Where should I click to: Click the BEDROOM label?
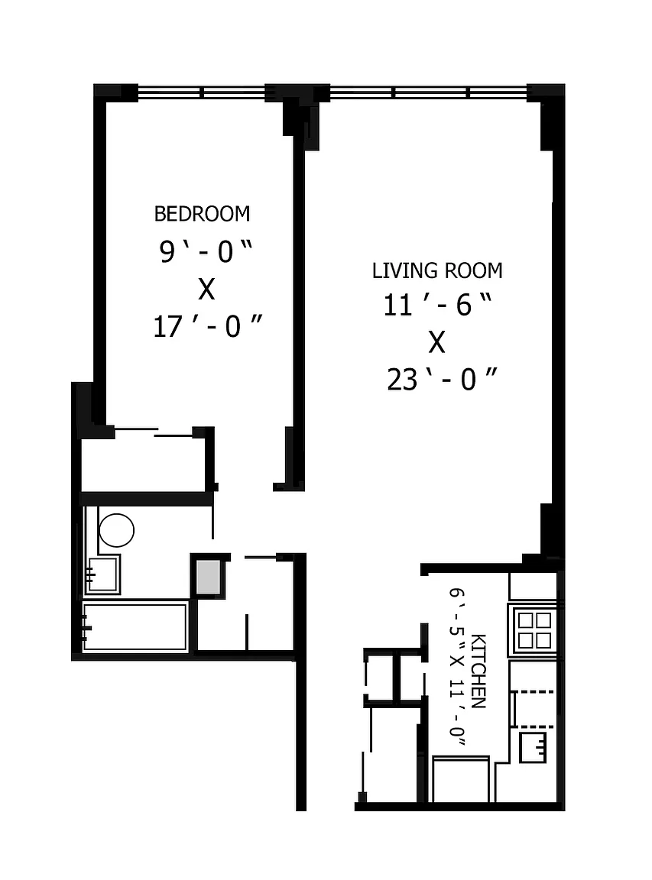pyautogui.click(x=202, y=214)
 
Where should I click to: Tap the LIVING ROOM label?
pyautogui.click(x=437, y=270)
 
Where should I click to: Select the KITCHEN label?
pyautogui.click(x=478, y=671)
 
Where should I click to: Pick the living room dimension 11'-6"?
pyautogui.click(x=438, y=305)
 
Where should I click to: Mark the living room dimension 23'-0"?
pyautogui.click(x=442, y=380)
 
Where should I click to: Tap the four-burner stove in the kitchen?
pyautogui.click(x=534, y=629)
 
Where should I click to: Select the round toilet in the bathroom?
pyautogui.click(x=116, y=530)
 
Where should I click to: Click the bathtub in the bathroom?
pyautogui.click(x=135, y=627)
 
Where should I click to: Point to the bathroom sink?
pyautogui.click(x=102, y=574)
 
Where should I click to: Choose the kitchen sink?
pyautogui.click(x=533, y=748)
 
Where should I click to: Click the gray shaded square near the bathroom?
pyautogui.click(x=208, y=577)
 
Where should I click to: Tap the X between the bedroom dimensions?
pyautogui.click(x=206, y=290)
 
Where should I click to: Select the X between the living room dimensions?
pyautogui.click(x=437, y=341)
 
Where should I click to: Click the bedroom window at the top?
pyautogui.click(x=202, y=92)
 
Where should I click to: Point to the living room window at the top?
pyautogui.click(x=429, y=92)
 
